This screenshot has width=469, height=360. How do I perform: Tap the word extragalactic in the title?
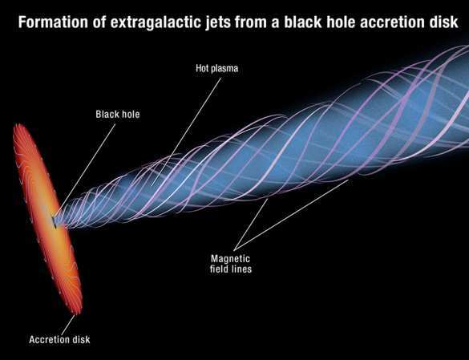point(156,23)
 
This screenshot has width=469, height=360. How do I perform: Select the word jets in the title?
point(217,23)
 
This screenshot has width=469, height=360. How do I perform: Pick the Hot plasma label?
point(216,68)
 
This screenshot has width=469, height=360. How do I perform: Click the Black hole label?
point(118,114)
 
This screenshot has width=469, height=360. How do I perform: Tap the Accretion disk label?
point(59,340)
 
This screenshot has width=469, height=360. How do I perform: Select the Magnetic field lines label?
point(231,264)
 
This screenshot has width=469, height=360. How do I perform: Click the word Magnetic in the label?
point(230,258)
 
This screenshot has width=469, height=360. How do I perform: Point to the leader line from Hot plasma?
point(186,132)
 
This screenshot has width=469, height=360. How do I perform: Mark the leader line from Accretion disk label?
point(68,325)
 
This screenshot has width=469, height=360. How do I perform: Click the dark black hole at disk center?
point(55,222)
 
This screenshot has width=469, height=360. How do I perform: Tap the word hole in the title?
point(343,22)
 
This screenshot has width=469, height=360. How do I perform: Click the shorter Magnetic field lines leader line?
point(251,224)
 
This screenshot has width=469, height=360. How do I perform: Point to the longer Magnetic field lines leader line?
point(291,215)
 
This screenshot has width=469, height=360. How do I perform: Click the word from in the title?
point(250,23)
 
